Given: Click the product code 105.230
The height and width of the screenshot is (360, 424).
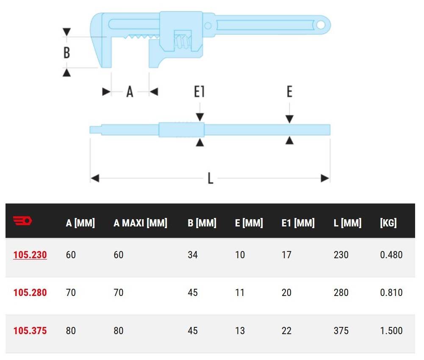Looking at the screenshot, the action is [x=30, y=255].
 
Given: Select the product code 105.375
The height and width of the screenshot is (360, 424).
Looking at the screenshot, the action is [x=30, y=330].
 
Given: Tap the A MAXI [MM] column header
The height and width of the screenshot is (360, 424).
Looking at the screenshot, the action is [x=140, y=223].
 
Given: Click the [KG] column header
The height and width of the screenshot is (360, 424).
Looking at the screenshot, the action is [x=388, y=223].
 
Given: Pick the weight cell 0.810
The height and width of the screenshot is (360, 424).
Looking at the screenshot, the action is [x=391, y=293].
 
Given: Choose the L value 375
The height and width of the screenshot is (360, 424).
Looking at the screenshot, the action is [x=341, y=330].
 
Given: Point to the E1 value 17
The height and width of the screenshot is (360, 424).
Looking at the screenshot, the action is [x=286, y=255].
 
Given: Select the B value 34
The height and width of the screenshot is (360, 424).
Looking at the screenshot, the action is [x=193, y=255].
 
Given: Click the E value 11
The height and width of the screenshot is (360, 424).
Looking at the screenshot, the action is [x=240, y=293].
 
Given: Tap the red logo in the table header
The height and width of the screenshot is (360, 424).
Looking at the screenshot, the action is [x=23, y=220].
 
